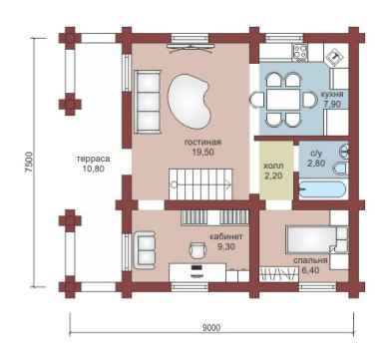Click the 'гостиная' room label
click(202, 143)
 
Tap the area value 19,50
click(202, 153)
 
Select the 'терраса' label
click(94, 159)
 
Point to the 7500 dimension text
click(30, 162)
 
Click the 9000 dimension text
click(211, 328)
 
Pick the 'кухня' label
click(332, 94)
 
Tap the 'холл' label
click(273, 166)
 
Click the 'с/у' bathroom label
click(316, 154)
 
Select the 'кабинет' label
click(226, 237)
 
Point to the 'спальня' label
click(310, 260)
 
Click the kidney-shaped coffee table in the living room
click(190, 101)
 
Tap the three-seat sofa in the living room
click(148, 102)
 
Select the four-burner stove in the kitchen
click(299, 53)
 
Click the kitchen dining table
click(283, 100)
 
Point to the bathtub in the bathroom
click(322, 190)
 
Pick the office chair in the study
click(197, 249)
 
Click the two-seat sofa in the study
click(145, 250)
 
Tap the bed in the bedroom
click(316, 239)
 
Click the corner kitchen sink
click(335, 57)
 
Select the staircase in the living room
click(200, 184)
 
